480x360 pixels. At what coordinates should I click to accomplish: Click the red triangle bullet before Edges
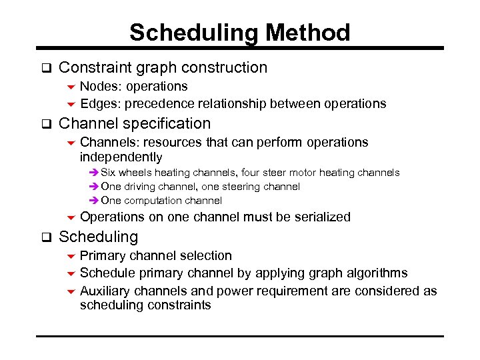pos(71,104)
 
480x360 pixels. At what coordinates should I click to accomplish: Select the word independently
pos(121,157)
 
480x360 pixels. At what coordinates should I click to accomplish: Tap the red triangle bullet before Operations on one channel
pos(71,217)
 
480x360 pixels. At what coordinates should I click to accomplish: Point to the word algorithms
pos(377,273)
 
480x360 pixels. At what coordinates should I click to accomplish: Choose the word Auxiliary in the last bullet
pos(105,291)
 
